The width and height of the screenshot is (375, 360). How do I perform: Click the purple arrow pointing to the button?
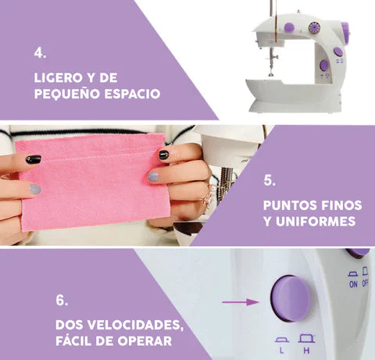241,302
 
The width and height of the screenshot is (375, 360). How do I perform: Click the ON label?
353,284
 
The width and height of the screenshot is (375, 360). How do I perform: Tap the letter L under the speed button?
281,351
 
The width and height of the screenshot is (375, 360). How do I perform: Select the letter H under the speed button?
306,351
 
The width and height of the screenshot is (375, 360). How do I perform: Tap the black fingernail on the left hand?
34,159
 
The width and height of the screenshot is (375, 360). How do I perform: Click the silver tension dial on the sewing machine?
314,28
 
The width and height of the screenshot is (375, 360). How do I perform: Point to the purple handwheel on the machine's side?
345,33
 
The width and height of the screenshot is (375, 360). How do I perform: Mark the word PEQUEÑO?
67,93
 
